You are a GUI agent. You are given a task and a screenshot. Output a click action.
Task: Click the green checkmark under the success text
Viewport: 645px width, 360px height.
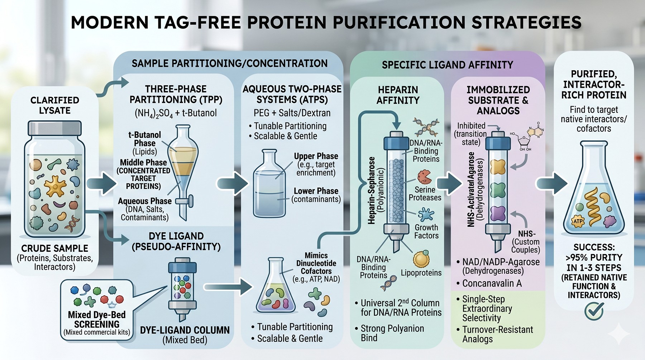point(594,311)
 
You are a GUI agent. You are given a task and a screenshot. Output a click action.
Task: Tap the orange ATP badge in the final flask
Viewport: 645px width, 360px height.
point(578,221)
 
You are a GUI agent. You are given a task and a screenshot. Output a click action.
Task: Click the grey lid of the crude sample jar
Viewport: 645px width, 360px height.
point(55,128)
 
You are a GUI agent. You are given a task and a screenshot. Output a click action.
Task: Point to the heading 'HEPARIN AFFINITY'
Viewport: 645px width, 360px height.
point(398,95)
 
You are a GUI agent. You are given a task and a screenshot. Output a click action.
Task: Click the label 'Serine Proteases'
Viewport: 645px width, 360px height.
point(425,193)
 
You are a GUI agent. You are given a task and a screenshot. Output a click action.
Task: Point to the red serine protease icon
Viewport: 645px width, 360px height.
point(424,177)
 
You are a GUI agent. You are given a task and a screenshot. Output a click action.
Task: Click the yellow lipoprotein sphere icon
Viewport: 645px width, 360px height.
point(421,259)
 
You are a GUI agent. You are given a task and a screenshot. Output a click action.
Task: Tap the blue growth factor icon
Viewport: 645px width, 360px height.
point(426,215)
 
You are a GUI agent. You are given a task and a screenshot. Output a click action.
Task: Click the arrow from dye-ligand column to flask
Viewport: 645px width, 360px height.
point(228,287)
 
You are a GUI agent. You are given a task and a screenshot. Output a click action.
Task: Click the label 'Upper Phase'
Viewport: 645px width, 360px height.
point(316,156)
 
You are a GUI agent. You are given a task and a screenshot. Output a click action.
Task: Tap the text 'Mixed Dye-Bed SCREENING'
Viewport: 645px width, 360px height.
point(97,320)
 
